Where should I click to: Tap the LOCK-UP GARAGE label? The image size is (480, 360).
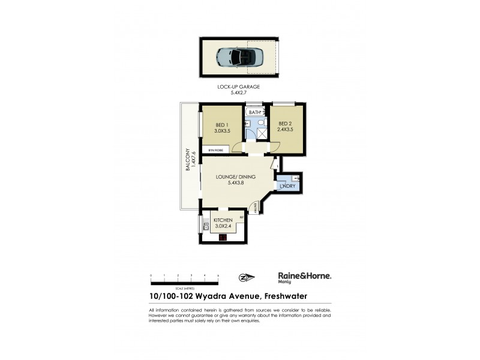[238, 87]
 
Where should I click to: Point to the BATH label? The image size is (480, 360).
[255, 112]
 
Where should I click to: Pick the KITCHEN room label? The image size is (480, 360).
[223, 221]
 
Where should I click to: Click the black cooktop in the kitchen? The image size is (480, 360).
[223, 238]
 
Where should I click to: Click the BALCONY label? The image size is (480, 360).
[188, 160]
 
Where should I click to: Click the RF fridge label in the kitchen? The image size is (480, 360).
[241, 217]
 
